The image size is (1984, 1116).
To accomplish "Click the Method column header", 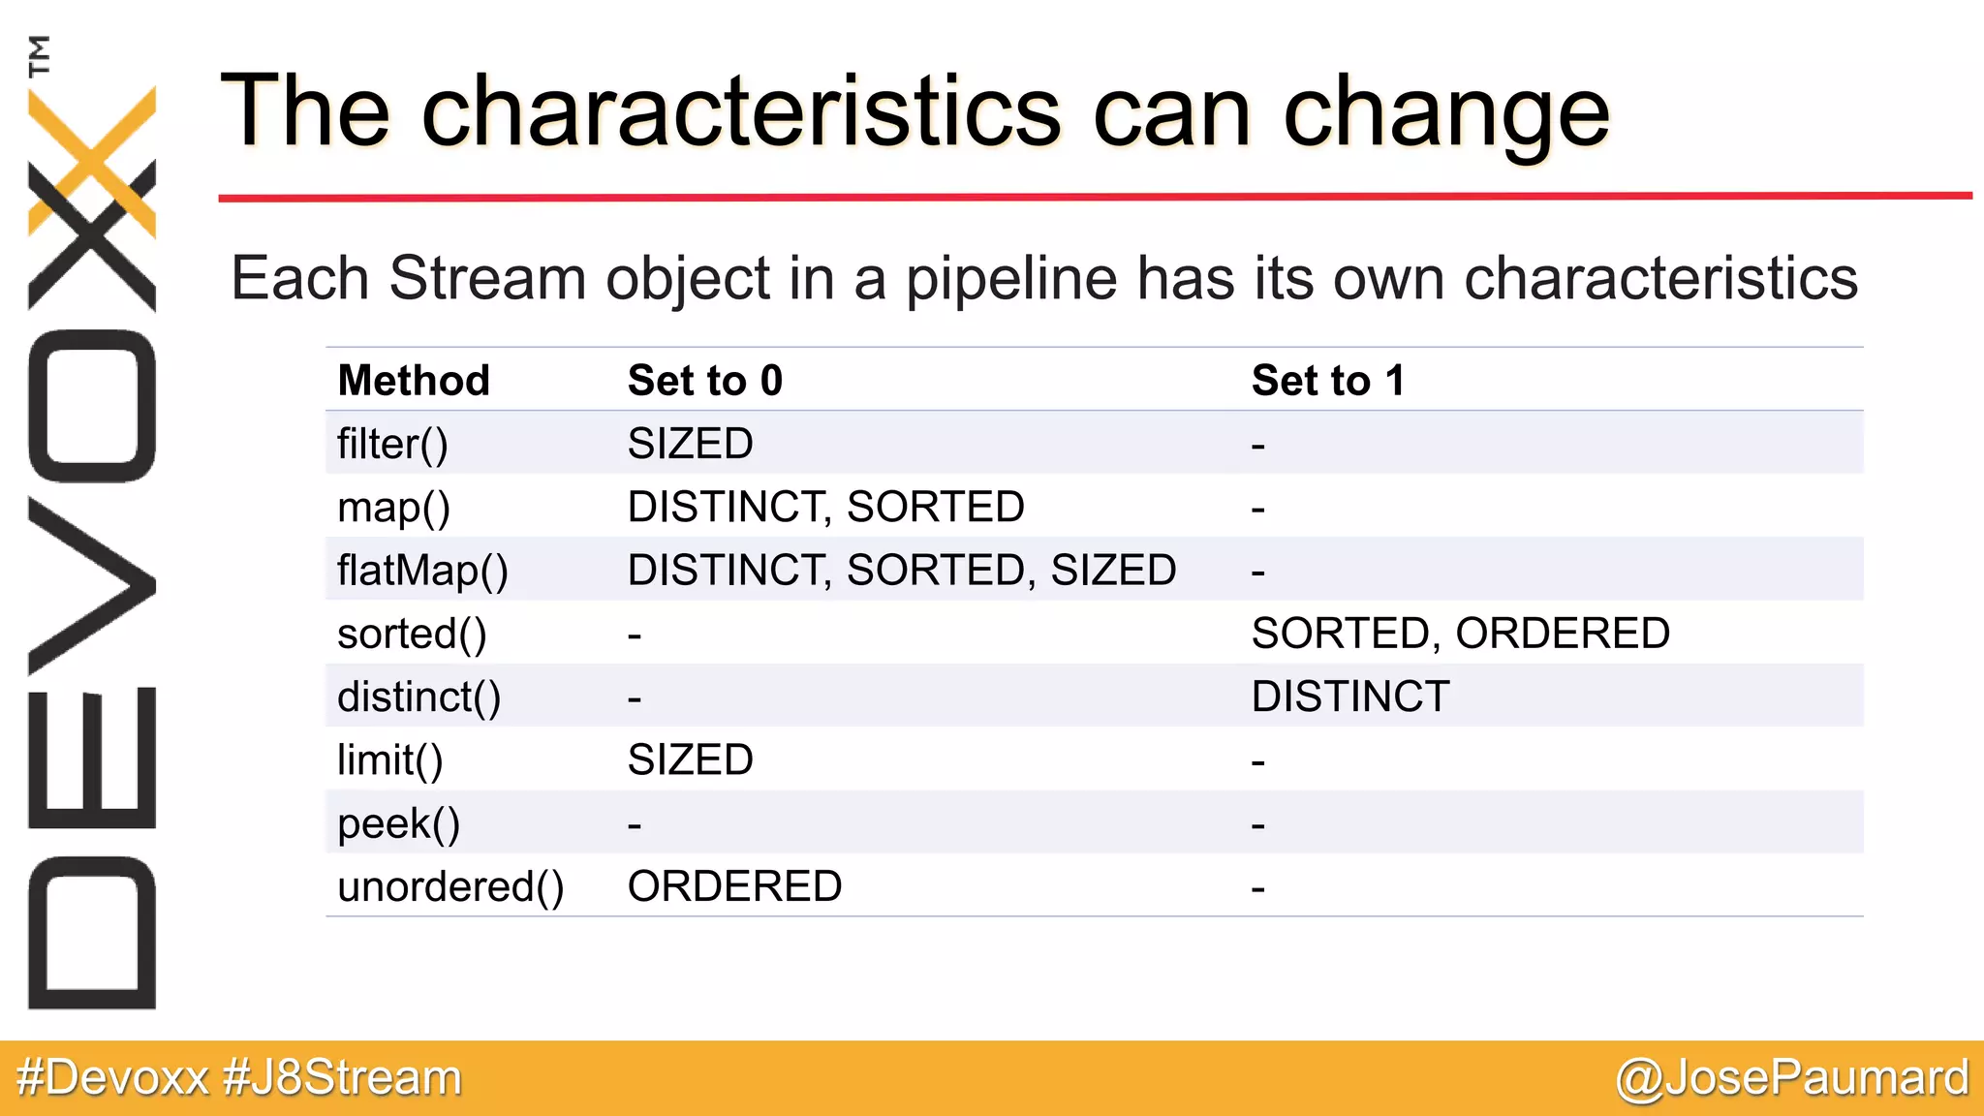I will [x=414, y=381].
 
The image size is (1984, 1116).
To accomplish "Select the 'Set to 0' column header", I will [x=704, y=381].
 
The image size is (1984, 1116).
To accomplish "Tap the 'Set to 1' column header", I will [x=1327, y=381].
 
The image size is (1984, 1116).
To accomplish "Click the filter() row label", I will [x=392, y=444].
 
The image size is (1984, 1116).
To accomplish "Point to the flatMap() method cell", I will [x=422, y=571].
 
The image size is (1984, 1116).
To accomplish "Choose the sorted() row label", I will [x=412, y=635].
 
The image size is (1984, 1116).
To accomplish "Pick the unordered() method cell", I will [x=450, y=886].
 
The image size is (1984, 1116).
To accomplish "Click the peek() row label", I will [x=398, y=823].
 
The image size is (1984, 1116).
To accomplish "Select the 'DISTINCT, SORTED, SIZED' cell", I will [x=901, y=571].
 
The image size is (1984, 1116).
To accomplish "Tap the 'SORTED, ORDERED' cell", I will [x=1460, y=634].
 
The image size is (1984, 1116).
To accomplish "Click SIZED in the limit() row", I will [x=690, y=760].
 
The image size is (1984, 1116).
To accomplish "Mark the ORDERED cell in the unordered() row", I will [x=734, y=886].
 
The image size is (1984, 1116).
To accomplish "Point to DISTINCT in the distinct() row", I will [x=1350, y=697].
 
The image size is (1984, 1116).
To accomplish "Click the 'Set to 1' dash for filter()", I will [x=1257, y=447].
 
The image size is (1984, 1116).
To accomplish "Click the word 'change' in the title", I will [x=1445, y=115].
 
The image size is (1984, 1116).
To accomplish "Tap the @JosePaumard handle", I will [x=1792, y=1078].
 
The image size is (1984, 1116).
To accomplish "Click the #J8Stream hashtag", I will [x=342, y=1078].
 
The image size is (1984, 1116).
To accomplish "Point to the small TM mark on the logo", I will [x=39, y=56].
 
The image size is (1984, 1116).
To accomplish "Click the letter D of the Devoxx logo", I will [x=92, y=933].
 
